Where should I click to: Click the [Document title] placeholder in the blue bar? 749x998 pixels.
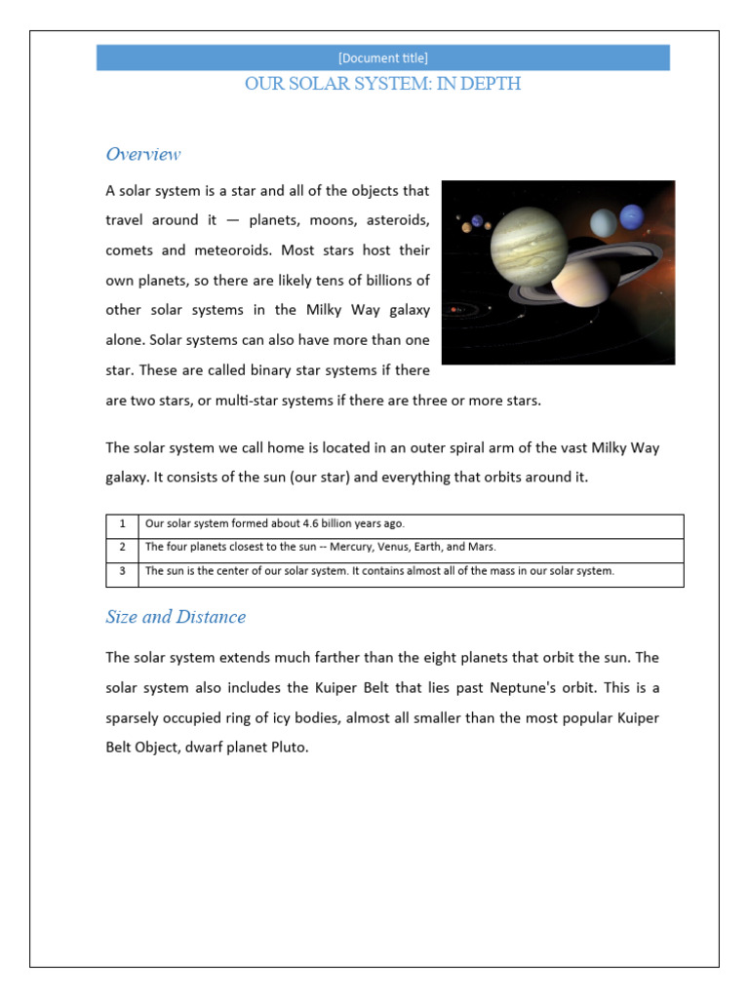pos(382,58)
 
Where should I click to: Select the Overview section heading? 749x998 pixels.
pos(142,154)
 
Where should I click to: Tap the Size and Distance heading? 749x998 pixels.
pos(176,617)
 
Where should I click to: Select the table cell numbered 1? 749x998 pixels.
pos(122,523)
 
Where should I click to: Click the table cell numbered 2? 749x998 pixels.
pos(122,547)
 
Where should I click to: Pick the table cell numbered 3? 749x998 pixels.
pos(122,571)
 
